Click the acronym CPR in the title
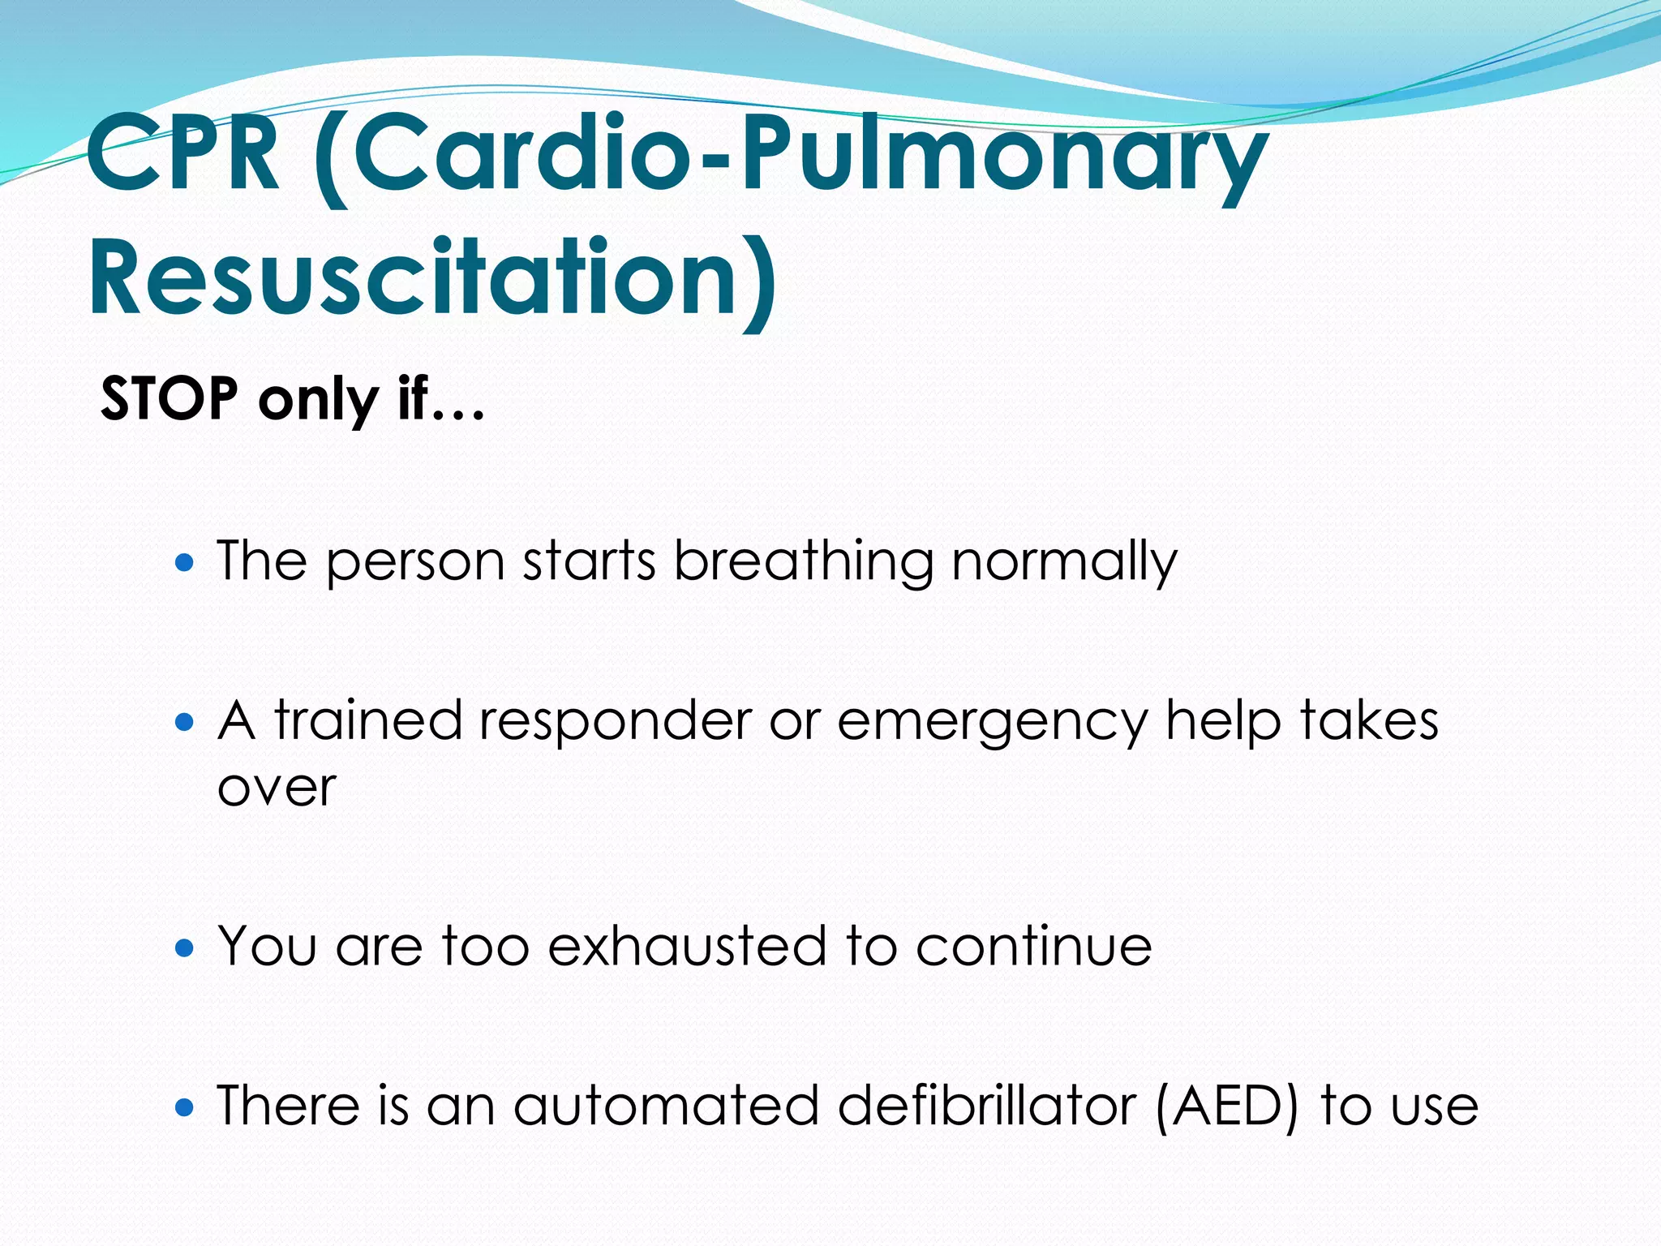click(x=183, y=154)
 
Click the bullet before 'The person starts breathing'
click(x=185, y=561)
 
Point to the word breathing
click(x=804, y=561)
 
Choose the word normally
click(x=1064, y=561)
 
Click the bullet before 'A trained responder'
click(x=185, y=720)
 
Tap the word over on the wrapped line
click(x=277, y=788)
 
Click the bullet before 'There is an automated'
click(x=185, y=1106)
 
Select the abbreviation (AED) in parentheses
click(x=1226, y=1106)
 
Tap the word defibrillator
click(x=986, y=1106)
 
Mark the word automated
click(x=666, y=1106)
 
